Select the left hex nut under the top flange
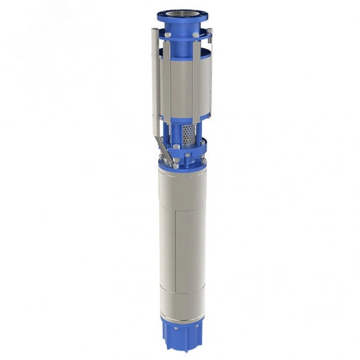(168, 35)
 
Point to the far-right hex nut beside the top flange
(210, 30)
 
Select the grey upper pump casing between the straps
(183, 86)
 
